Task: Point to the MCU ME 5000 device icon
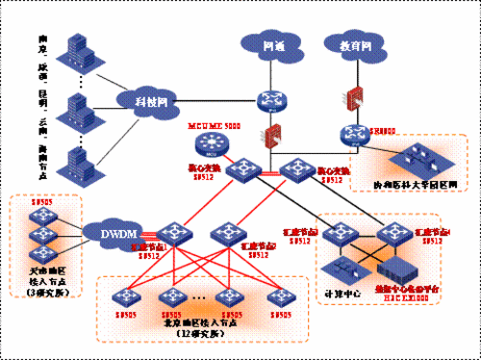click(x=208, y=144)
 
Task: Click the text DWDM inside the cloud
click(x=110, y=233)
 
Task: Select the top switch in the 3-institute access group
click(x=41, y=214)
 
